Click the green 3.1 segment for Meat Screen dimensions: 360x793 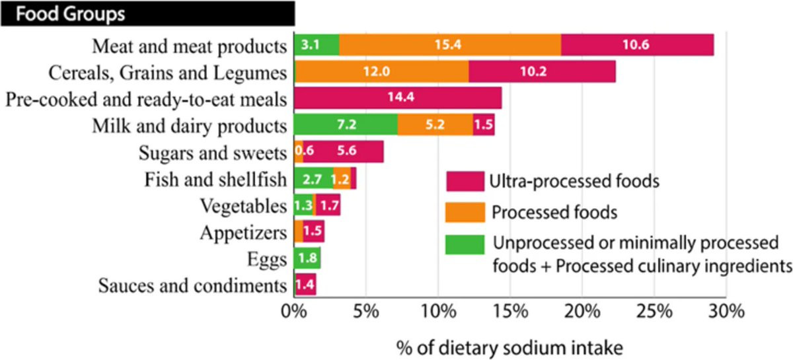click(x=316, y=45)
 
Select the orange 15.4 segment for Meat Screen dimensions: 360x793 click(x=450, y=45)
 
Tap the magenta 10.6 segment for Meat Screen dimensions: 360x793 click(x=637, y=45)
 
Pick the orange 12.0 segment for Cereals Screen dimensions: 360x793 click(x=381, y=71)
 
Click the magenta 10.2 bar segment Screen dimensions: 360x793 click(x=542, y=71)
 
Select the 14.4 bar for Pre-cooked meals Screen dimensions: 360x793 click(x=397, y=98)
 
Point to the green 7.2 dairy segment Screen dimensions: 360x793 click(x=346, y=125)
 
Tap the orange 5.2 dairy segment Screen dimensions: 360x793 click(x=435, y=125)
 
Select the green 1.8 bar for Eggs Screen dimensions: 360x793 click(x=307, y=258)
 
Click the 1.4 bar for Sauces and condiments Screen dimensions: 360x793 click(x=305, y=285)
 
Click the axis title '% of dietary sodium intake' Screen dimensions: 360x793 click(x=510, y=346)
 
